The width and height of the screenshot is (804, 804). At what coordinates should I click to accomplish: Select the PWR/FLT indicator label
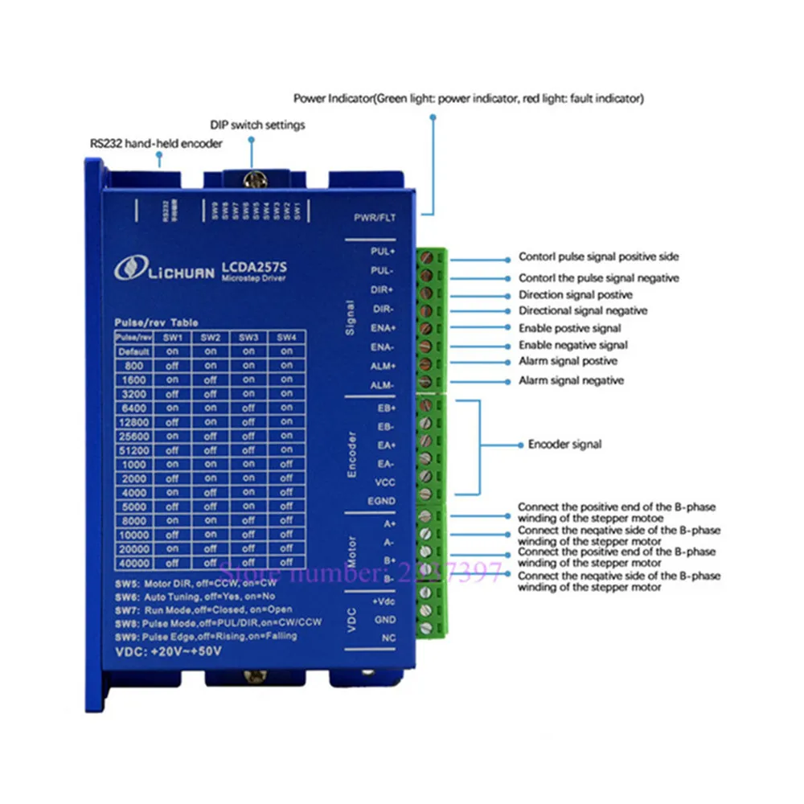(374, 218)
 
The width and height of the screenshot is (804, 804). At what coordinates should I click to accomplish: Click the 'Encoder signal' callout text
(564, 444)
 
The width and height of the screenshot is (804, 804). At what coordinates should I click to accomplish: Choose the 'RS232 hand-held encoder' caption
(156, 143)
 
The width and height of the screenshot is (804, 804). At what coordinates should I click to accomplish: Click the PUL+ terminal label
(384, 252)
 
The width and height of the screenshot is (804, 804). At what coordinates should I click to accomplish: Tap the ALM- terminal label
(384, 385)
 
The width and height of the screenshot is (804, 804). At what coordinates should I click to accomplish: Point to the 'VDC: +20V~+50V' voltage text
(168, 650)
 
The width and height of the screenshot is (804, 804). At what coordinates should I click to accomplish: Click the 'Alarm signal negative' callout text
(571, 380)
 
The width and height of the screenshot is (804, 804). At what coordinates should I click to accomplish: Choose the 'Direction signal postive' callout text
(576, 295)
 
